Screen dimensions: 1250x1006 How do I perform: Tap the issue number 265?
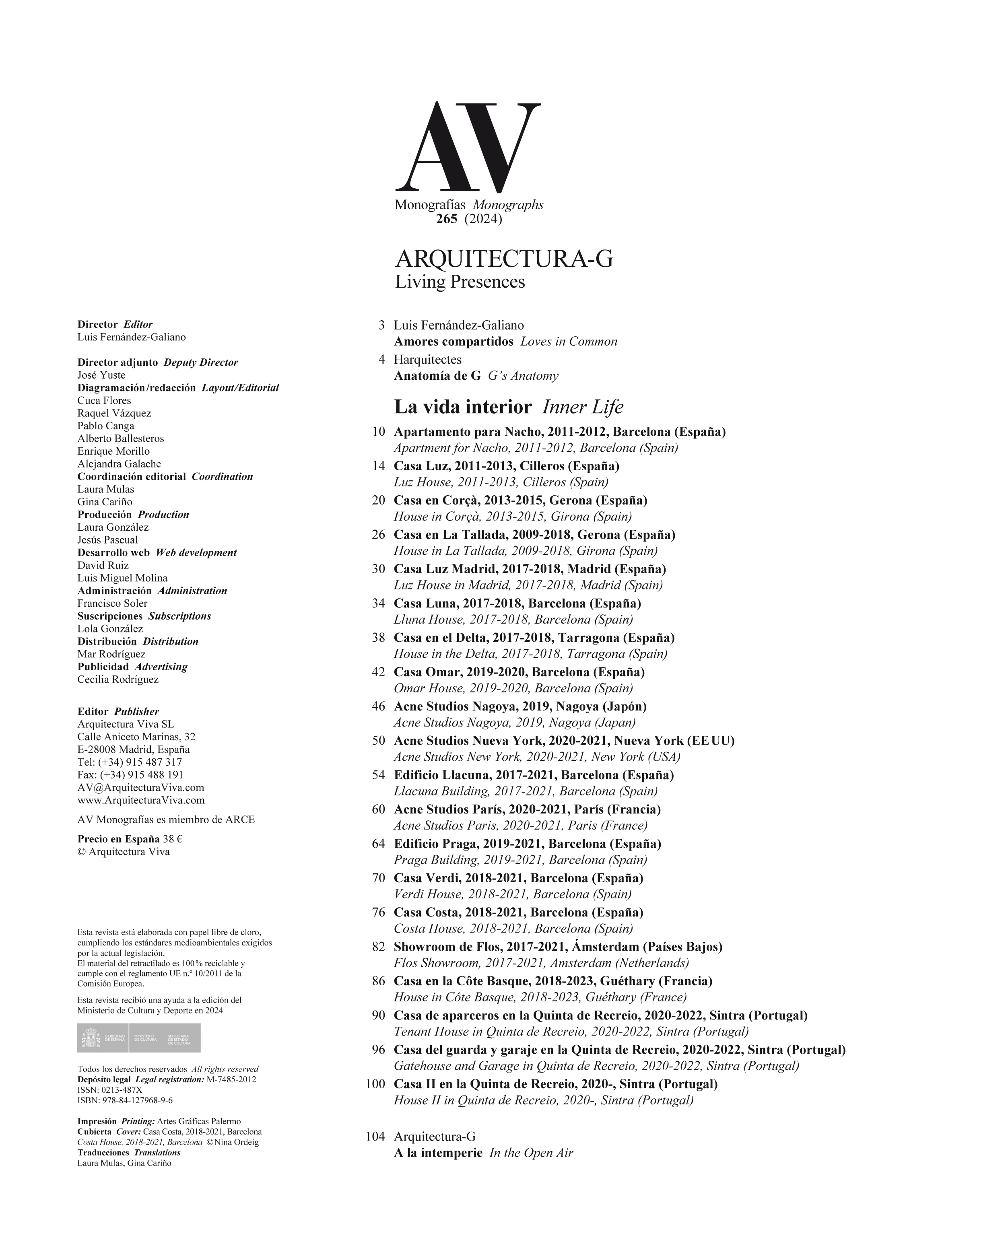point(447,219)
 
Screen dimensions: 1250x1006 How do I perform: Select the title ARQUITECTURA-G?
point(503,259)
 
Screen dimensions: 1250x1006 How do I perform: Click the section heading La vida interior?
point(463,407)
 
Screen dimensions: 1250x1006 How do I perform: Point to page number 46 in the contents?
point(378,706)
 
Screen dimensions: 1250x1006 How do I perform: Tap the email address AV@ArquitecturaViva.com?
point(140,787)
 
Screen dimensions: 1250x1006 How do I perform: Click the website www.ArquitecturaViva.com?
point(141,800)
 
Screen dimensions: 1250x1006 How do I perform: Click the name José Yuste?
point(101,375)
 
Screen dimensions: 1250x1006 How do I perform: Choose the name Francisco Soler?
point(113,603)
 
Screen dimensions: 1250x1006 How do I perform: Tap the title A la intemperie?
point(438,1153)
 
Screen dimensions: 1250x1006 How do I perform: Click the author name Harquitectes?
point(427,359)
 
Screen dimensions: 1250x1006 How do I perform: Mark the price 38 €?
point(173,839)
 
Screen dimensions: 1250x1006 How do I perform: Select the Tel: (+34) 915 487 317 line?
point(129,762)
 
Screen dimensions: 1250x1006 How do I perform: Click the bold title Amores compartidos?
point(454,342)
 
